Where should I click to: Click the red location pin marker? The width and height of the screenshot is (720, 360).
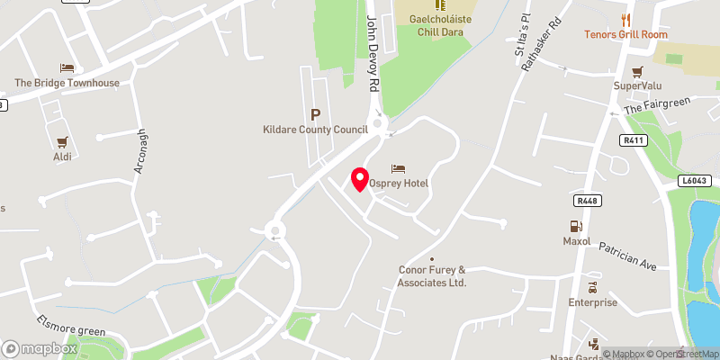tap(359, 178)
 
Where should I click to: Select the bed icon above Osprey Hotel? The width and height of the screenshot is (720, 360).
tap(398, 168)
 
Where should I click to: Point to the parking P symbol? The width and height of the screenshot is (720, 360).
tap(315, 114)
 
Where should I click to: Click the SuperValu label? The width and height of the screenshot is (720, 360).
tap(638, 85)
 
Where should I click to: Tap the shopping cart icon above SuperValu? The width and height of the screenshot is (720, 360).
tap(638, 71)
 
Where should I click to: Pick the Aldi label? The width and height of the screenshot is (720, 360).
tap(62, 157)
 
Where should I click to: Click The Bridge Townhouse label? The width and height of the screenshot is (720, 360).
tap(67, 83)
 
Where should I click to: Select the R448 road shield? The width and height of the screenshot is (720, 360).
tap(585, 200)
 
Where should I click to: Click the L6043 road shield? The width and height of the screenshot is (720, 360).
tap(694, 182)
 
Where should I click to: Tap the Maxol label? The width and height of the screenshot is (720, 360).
tap(577, 241)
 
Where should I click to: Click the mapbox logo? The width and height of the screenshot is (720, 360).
tap(40, 348)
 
